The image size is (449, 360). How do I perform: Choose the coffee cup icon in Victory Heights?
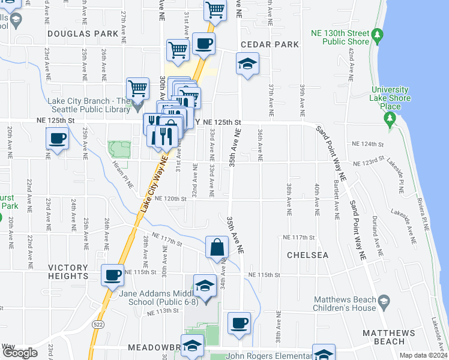(112, 275)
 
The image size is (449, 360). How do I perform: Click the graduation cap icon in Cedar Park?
(246, 65)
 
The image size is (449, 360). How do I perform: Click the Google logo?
(20, 353)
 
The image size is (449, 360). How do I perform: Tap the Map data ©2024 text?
(423, 355)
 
